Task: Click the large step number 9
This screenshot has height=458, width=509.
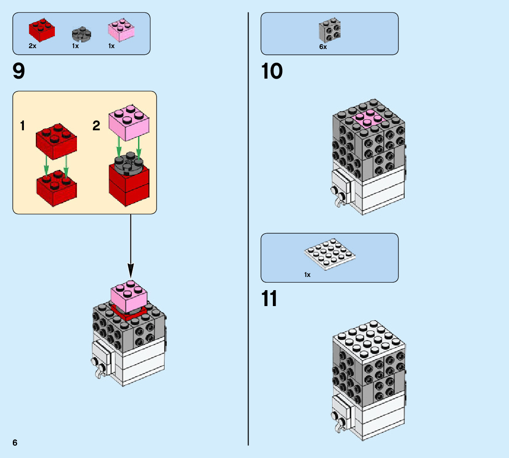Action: pyautogui.click(x=19, y=72)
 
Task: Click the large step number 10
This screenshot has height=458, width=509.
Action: pyautogui.click(x=272, y=72)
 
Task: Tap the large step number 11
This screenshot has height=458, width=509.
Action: pyautogui.click(x=269, y=299)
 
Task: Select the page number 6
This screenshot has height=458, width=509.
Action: pyautogui.click(x=15, y=443)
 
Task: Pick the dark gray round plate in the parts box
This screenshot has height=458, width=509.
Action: pyautogui.click(x=81, y=34)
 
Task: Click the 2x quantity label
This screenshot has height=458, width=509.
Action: pyautogui.click(x=32, y=46)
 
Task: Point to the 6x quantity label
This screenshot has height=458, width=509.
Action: pyautogui.click(x=323, y=47)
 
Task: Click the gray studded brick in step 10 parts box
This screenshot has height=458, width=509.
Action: pyautogui.click(x=329, y=30)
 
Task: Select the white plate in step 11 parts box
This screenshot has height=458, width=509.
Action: pyautogui.click(x=330, y=254)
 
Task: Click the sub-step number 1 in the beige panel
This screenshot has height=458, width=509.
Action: pyautogui.click(x=22, y=126)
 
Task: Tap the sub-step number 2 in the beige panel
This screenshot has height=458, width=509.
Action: pyautogui.click(x=96, y=126)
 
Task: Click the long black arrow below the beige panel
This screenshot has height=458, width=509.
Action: pyautogui.click(x=130, y=245)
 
